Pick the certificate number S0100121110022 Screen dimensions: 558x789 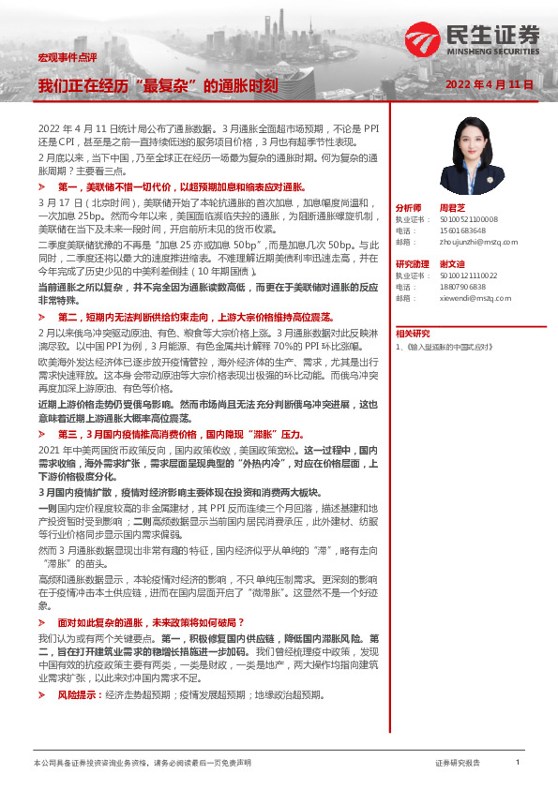(x=469, y=275)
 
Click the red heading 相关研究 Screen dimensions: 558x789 (x=413, y=333)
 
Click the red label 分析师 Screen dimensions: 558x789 (x=409, y=207)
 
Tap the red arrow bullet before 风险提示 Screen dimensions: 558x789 (x=41, y=694)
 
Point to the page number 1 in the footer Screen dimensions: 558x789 (x=517, y=763)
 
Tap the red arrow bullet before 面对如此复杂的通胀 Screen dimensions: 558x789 (x=41, y=622)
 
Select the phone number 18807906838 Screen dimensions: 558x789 (x=462, y=287)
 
